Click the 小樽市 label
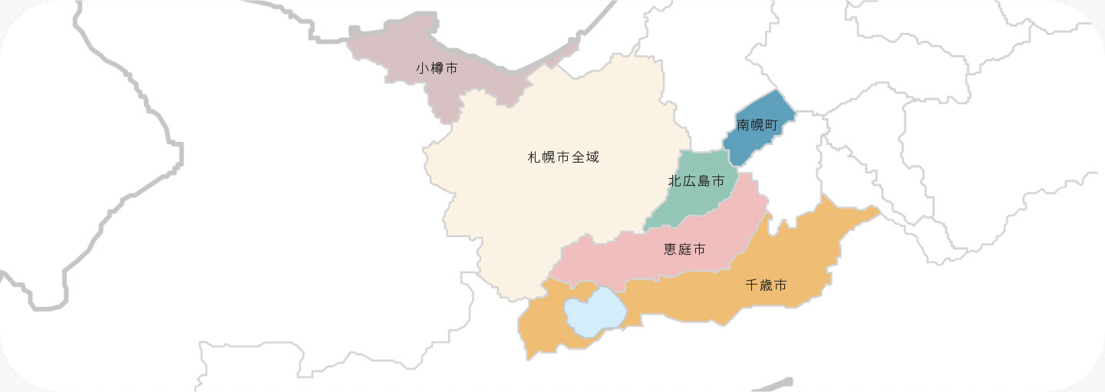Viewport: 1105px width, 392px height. pos(437,68)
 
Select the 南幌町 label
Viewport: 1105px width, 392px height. pos(757,124)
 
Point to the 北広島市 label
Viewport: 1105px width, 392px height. pos(696,182)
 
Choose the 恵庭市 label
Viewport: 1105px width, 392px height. pos(684,249)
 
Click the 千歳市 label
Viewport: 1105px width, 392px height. pos(766,285)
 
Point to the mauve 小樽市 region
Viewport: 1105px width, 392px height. pos(476,84)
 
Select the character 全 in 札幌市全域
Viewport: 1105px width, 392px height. pos(576,157)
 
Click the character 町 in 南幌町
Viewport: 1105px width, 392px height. pos(771,124)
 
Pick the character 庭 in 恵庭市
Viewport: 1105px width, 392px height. pos(684,249)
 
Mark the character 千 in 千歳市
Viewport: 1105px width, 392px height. pos(752,285)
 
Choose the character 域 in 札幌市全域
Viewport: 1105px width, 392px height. pos(591,157)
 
